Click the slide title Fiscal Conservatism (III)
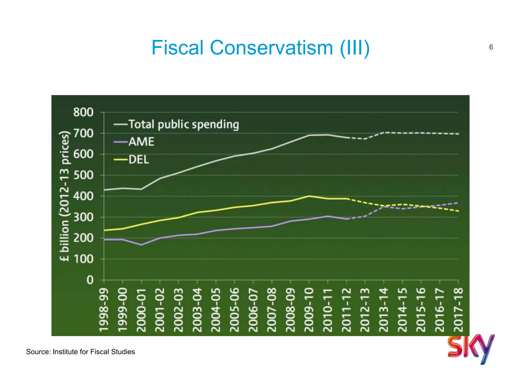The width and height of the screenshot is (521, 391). (260, 48)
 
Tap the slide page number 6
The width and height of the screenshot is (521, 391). (491, 47)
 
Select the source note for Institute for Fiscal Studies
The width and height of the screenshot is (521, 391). (80, 352)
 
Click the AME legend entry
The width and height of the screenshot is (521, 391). (141, 142)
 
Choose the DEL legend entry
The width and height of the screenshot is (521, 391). (139, 160)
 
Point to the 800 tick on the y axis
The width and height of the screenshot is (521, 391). (83, 112)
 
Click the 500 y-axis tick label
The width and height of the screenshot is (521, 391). (83, 175)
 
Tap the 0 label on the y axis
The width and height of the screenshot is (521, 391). (90, 280)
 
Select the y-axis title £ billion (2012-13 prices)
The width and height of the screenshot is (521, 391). (64, 196)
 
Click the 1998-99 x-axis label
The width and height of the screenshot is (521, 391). (104, 310)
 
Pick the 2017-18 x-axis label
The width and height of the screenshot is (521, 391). (458, 310)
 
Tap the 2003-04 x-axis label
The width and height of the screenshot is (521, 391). (197, 310)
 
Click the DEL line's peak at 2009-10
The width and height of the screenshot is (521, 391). (309, 196)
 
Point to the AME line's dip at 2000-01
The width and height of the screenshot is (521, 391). (141, 245)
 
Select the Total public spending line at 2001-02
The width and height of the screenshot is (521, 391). (160, 178)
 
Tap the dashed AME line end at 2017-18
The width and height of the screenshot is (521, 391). (458, 203)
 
